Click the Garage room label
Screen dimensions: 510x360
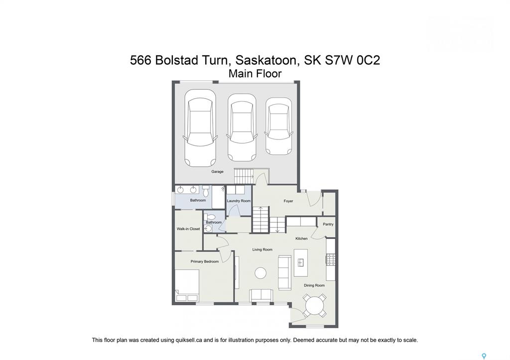pos(217,171)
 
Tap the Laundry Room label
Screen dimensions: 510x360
pos(239,201)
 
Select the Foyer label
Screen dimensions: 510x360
pos(288,201)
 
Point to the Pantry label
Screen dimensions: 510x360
pos(328,224)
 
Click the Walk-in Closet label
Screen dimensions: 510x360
pos(188,229)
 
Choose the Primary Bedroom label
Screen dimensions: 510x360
pos(205,261)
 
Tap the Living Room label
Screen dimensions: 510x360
pos(262,249)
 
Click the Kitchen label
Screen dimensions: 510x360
pos(301,239)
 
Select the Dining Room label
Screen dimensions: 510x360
pos(314,285)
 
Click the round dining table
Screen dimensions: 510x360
pos(315,306)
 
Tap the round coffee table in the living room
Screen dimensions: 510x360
pos(260,273)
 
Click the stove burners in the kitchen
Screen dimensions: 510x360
pos(331,259)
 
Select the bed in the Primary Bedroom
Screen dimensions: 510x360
pos(187,285)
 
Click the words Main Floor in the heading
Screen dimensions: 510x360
pos(255,74)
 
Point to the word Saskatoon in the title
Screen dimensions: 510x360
pos(266,60)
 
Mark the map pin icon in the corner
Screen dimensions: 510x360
pos(484,356)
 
